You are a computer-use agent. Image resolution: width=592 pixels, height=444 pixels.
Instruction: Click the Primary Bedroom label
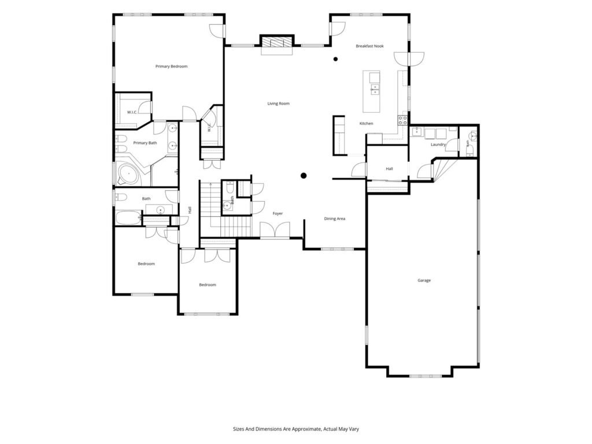[171, 66]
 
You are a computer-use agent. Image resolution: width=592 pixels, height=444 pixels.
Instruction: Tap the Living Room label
[278, 103]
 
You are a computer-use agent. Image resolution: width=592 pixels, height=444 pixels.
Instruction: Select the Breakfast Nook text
[369, 46]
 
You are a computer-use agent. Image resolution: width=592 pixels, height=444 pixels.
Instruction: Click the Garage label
[424, 280]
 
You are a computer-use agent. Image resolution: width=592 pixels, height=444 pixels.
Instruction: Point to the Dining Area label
[335, 219]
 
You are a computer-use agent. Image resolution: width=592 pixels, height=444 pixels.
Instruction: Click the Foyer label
[278, 213]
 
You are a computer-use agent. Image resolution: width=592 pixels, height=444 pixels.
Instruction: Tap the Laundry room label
[438, 144]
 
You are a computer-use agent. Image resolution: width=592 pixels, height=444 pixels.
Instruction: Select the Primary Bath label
[145, 143]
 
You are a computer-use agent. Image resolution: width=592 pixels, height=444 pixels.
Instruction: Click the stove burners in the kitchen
[402, 120]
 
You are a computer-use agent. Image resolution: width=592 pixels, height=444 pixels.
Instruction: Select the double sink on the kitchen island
[375, 90]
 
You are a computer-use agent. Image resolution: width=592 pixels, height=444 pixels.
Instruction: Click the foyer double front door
[275, 230]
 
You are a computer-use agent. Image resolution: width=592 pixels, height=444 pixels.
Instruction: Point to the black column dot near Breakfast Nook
[335, 59]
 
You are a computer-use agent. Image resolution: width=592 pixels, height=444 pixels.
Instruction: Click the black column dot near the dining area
[304, 176]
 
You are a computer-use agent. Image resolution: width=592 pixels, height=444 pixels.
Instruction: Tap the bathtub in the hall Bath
[128, 218]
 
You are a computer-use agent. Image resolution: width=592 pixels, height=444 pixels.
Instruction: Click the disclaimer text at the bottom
[296, 429]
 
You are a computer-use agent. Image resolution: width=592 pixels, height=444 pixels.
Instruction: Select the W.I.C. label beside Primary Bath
[132, 112]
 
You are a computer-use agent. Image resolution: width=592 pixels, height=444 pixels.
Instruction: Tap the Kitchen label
[366, 124]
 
